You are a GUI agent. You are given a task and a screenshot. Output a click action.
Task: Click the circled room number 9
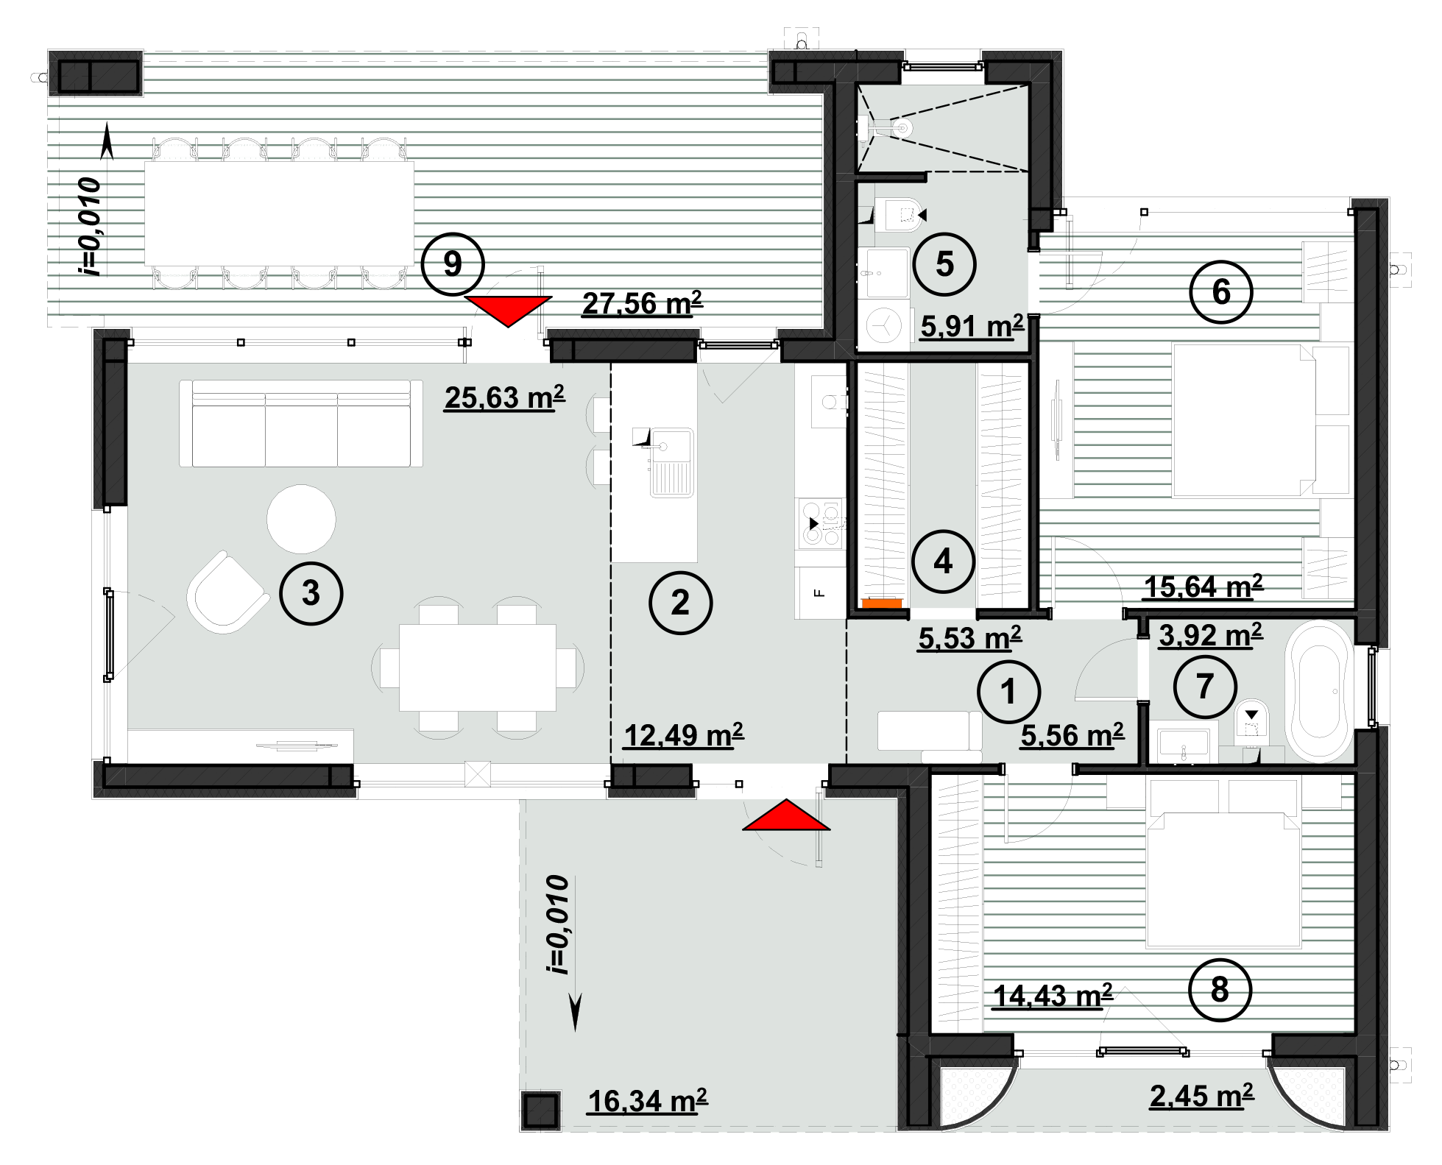[453, 264]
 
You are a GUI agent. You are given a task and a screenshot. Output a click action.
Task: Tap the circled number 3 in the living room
[311, 593]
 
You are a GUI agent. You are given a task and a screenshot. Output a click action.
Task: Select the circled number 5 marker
[944, 264]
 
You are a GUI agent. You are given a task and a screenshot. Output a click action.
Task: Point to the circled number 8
[1220, 990]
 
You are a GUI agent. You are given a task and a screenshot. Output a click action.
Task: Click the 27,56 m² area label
[643, 303]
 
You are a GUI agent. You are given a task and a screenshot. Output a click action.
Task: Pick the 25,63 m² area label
[504, 397]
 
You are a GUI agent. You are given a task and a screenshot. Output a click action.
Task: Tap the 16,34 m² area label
[647, 1101]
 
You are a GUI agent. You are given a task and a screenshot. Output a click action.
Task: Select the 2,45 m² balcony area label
[1201, 1096]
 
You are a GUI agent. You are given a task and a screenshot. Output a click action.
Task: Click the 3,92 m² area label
[1210, 634]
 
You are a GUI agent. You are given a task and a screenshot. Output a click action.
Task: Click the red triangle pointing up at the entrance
[786, 815]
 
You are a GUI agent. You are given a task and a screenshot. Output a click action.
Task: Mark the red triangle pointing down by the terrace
[508, 311]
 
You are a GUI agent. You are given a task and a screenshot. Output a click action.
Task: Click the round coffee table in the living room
[301, 519]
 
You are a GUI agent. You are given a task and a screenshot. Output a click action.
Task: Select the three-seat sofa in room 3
[301, 423]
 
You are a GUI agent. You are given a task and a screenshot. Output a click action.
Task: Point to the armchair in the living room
[227, 592]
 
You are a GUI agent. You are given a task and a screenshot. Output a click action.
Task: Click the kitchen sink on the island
[670, 462]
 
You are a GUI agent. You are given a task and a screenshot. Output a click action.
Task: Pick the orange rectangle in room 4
[882, 603]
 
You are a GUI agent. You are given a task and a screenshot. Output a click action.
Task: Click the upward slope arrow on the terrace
[107, 141]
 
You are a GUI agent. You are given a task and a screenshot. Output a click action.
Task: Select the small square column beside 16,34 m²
[540, 1111]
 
